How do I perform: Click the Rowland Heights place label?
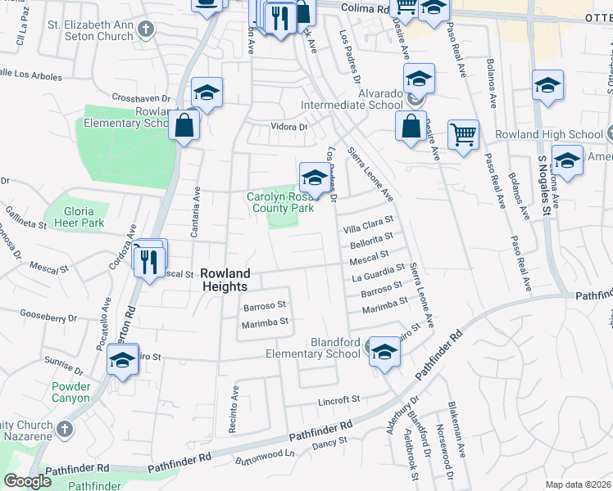[x=225, y=280]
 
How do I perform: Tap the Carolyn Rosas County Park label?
[x=281, y=203]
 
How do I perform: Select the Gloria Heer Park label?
[x=84, y=217]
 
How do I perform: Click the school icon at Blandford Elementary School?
[x=384, y=351]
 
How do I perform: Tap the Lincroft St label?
[x=339, y=399]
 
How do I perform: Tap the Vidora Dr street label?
[x=289, y=127]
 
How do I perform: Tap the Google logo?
[x=28, y=481]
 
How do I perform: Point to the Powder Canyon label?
[x=70, y=392]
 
